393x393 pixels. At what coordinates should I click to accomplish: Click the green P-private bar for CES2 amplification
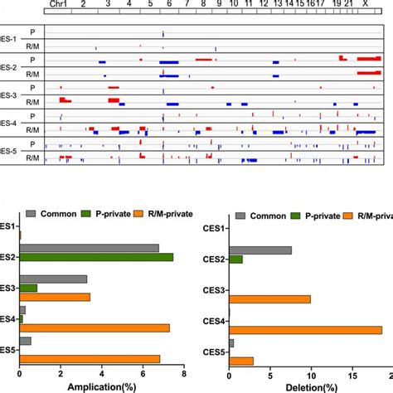coord(96,257)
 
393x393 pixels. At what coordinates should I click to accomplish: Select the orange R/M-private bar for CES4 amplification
coord(95,328)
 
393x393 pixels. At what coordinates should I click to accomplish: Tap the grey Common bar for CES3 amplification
coord(52,279)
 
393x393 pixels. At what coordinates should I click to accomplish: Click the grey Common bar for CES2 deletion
coord(260,250)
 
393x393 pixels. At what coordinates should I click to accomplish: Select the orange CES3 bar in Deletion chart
coord(269,298)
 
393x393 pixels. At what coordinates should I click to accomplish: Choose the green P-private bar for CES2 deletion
coord(236,260)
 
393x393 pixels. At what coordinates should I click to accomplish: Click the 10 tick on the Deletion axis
coord(310,375)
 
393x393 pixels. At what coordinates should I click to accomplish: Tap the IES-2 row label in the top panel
coord(7,65)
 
